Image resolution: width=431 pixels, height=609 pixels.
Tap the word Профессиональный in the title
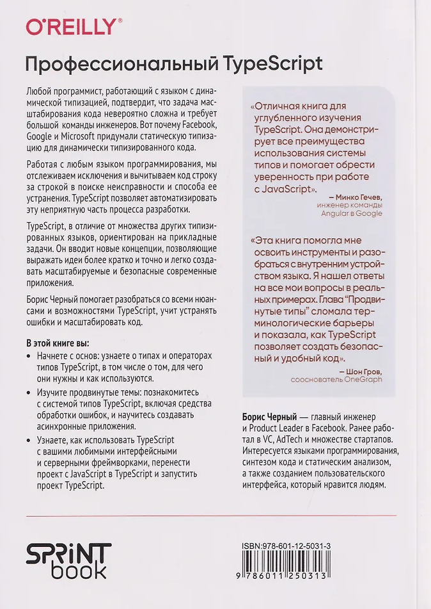[x=120, y=65]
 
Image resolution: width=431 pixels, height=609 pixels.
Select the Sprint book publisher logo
[x=69, y=560]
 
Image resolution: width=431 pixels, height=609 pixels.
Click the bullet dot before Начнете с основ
[x=28, y=355]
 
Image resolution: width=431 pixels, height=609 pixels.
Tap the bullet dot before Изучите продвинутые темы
[x=28, y=391]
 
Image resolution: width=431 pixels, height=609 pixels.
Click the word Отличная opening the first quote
[x=279, y=107]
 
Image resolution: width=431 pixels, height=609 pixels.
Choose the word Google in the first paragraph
[x=39, y=136]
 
